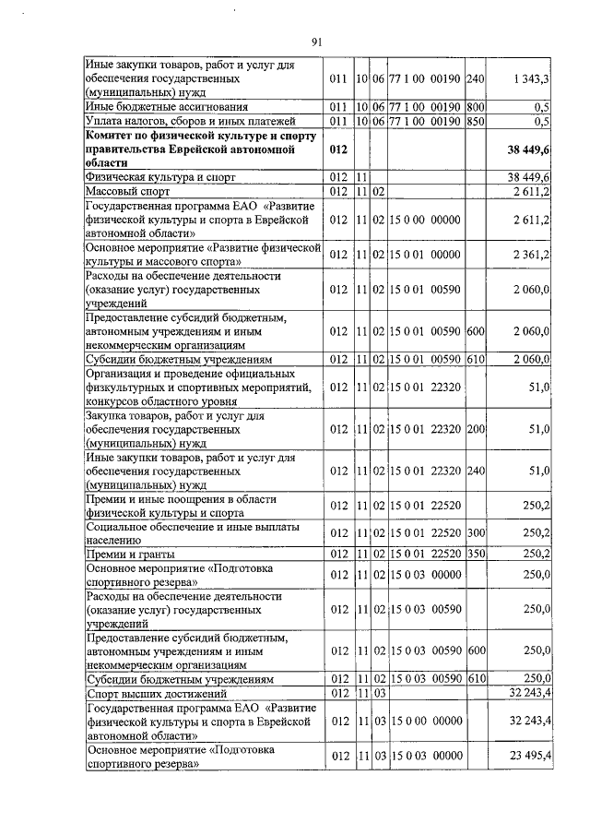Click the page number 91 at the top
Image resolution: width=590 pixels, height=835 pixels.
pos(316,42)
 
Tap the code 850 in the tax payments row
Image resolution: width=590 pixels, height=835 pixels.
pos(476,121)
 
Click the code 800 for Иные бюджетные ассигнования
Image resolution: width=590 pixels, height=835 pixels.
pos(476,107)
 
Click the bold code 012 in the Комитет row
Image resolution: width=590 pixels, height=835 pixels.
pos(339,148)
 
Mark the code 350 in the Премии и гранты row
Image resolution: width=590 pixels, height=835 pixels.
pos(476,554)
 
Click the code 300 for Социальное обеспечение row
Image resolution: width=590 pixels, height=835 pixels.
pos(476,532)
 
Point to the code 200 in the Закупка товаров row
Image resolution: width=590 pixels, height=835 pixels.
pos(476,429)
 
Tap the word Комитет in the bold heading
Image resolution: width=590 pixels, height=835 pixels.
pos(112,134)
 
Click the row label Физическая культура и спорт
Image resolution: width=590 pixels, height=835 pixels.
pos(161,175)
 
